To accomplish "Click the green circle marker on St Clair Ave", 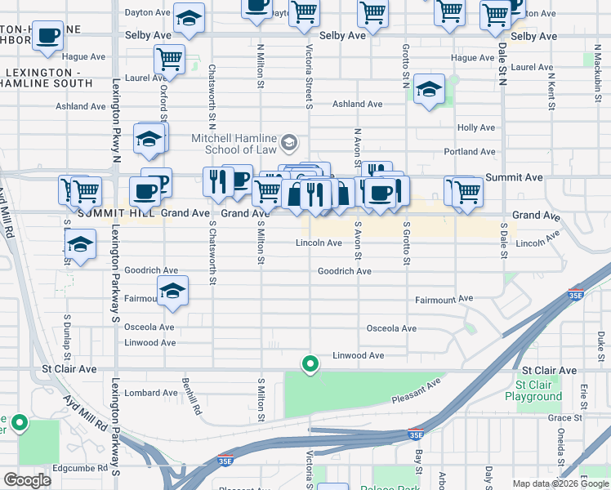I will click(310, 363).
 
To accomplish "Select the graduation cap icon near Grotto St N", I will click(428, 90).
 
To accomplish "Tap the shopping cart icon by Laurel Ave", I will click(169, 59).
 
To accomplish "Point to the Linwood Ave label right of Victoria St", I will click(358, 355).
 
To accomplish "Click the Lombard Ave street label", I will click(150, 393).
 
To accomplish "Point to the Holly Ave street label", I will click(477, 127).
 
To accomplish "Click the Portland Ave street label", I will click(470, 152).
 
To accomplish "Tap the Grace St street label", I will click(564, 417).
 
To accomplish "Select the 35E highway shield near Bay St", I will click(416, 434).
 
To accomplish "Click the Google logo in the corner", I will click(27, 480).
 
